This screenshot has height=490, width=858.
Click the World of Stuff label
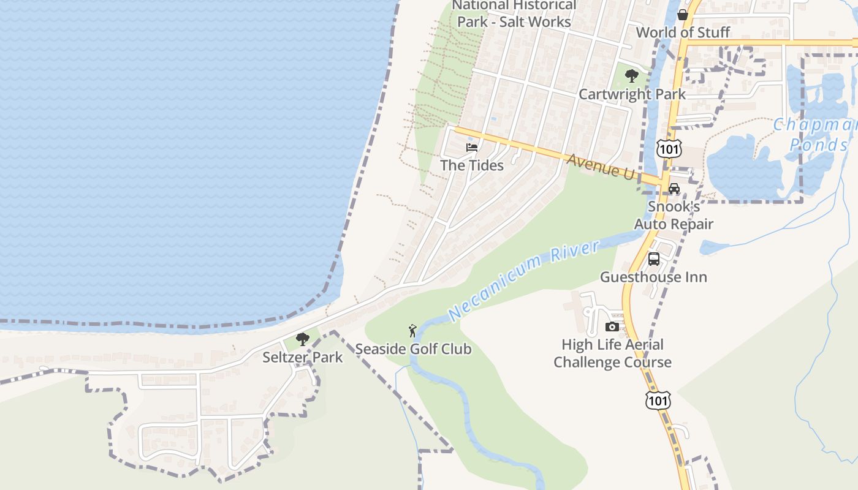[683, 32]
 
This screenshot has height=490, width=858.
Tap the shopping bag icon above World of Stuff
[682, 15]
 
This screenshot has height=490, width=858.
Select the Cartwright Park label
[632, 94]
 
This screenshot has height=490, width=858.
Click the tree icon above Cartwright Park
[631, 77]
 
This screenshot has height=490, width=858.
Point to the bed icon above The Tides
[472, 148]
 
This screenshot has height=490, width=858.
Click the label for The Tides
[472, 165]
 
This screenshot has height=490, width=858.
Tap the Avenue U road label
[601, 166]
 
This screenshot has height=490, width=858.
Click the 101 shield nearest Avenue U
[668, 149]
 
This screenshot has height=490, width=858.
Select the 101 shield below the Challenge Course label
[658, 401]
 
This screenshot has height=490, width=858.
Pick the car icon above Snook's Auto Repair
[674, 189]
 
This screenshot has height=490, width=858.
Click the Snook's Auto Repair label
[674, 216]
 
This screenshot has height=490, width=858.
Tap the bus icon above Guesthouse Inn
[654, 259]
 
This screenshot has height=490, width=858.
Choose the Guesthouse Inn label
[653, 277]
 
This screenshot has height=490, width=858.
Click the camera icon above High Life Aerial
[612, 327]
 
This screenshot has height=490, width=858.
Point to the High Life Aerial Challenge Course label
[612, 353]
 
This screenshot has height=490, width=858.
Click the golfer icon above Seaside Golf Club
[413, 331]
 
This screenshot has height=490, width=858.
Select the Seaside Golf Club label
[414, 349]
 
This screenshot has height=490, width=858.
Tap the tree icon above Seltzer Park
[302, 339]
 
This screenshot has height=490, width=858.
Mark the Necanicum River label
[524, 281]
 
